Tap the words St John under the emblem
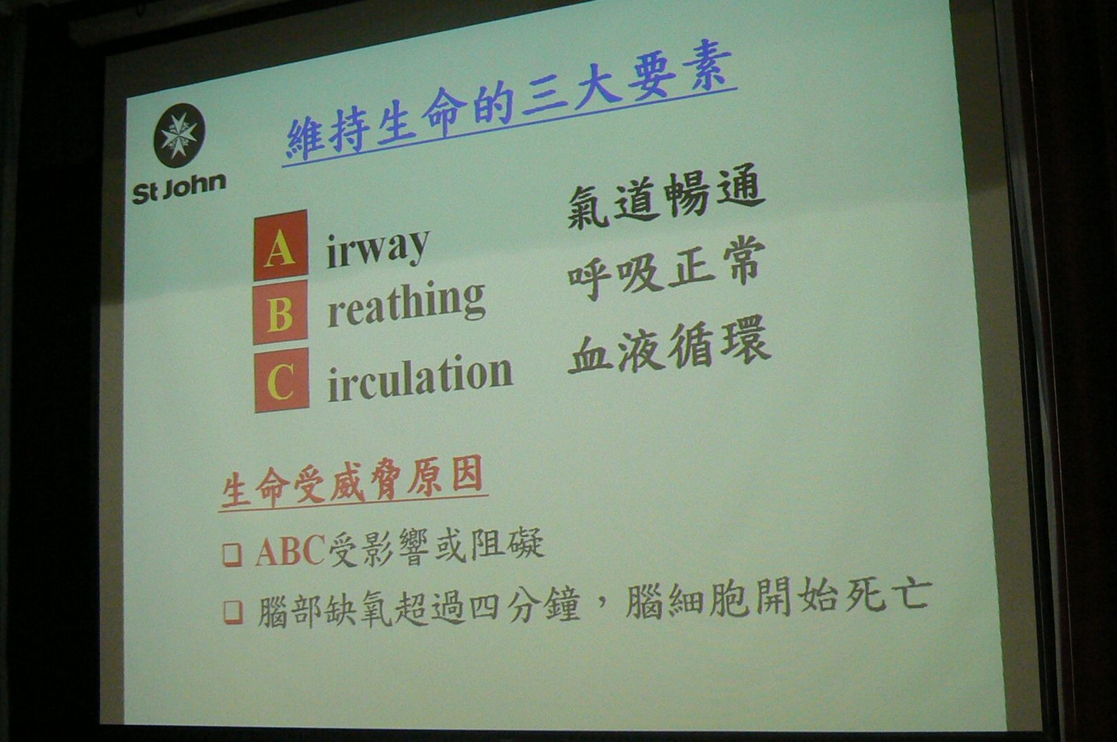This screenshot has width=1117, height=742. coord(179,188)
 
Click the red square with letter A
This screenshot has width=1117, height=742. coord(280,245)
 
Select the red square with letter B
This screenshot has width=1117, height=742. coord(280,312)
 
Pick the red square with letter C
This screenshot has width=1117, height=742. coord(281,380)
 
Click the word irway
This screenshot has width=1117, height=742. coord(377,248)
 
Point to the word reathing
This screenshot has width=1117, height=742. coord(405,304)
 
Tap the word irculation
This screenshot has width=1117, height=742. coord(419,377)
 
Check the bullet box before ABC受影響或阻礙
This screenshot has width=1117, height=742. coord(232,554)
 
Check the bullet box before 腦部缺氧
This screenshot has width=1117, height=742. coord(233,612)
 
